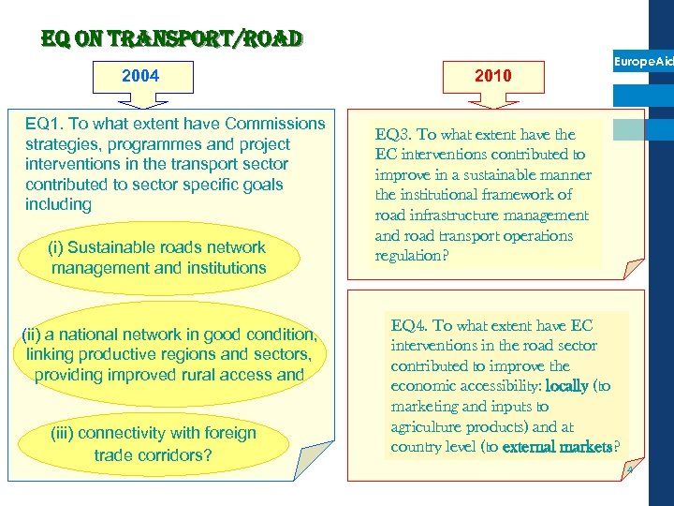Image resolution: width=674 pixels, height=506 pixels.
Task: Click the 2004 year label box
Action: pos(140,76)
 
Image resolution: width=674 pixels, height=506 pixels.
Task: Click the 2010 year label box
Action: pos(493,76)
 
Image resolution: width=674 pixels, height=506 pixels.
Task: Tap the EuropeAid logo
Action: pos(642,62)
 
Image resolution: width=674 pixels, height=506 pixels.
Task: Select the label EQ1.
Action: pos(44,124)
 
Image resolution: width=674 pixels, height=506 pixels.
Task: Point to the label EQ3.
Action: pos(392,135)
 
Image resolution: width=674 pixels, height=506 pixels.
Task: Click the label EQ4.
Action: pos(409,326)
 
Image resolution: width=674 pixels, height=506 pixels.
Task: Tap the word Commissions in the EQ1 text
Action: pos(270,124)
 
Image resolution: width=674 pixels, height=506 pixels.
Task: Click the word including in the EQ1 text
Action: pos(59,204)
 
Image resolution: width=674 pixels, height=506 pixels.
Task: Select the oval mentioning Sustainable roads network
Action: pos(158,258)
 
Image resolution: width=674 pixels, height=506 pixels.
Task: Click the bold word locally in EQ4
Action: pos(567,386)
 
